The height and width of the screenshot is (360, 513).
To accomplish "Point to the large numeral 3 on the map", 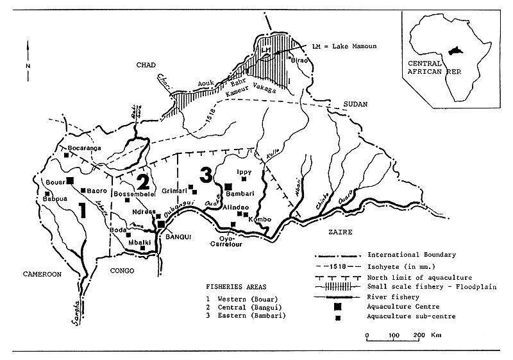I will (x=205, y=174).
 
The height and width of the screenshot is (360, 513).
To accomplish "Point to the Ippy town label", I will (x=244, y=172).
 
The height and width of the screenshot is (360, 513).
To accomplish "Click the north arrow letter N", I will (x=28, y=66).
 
